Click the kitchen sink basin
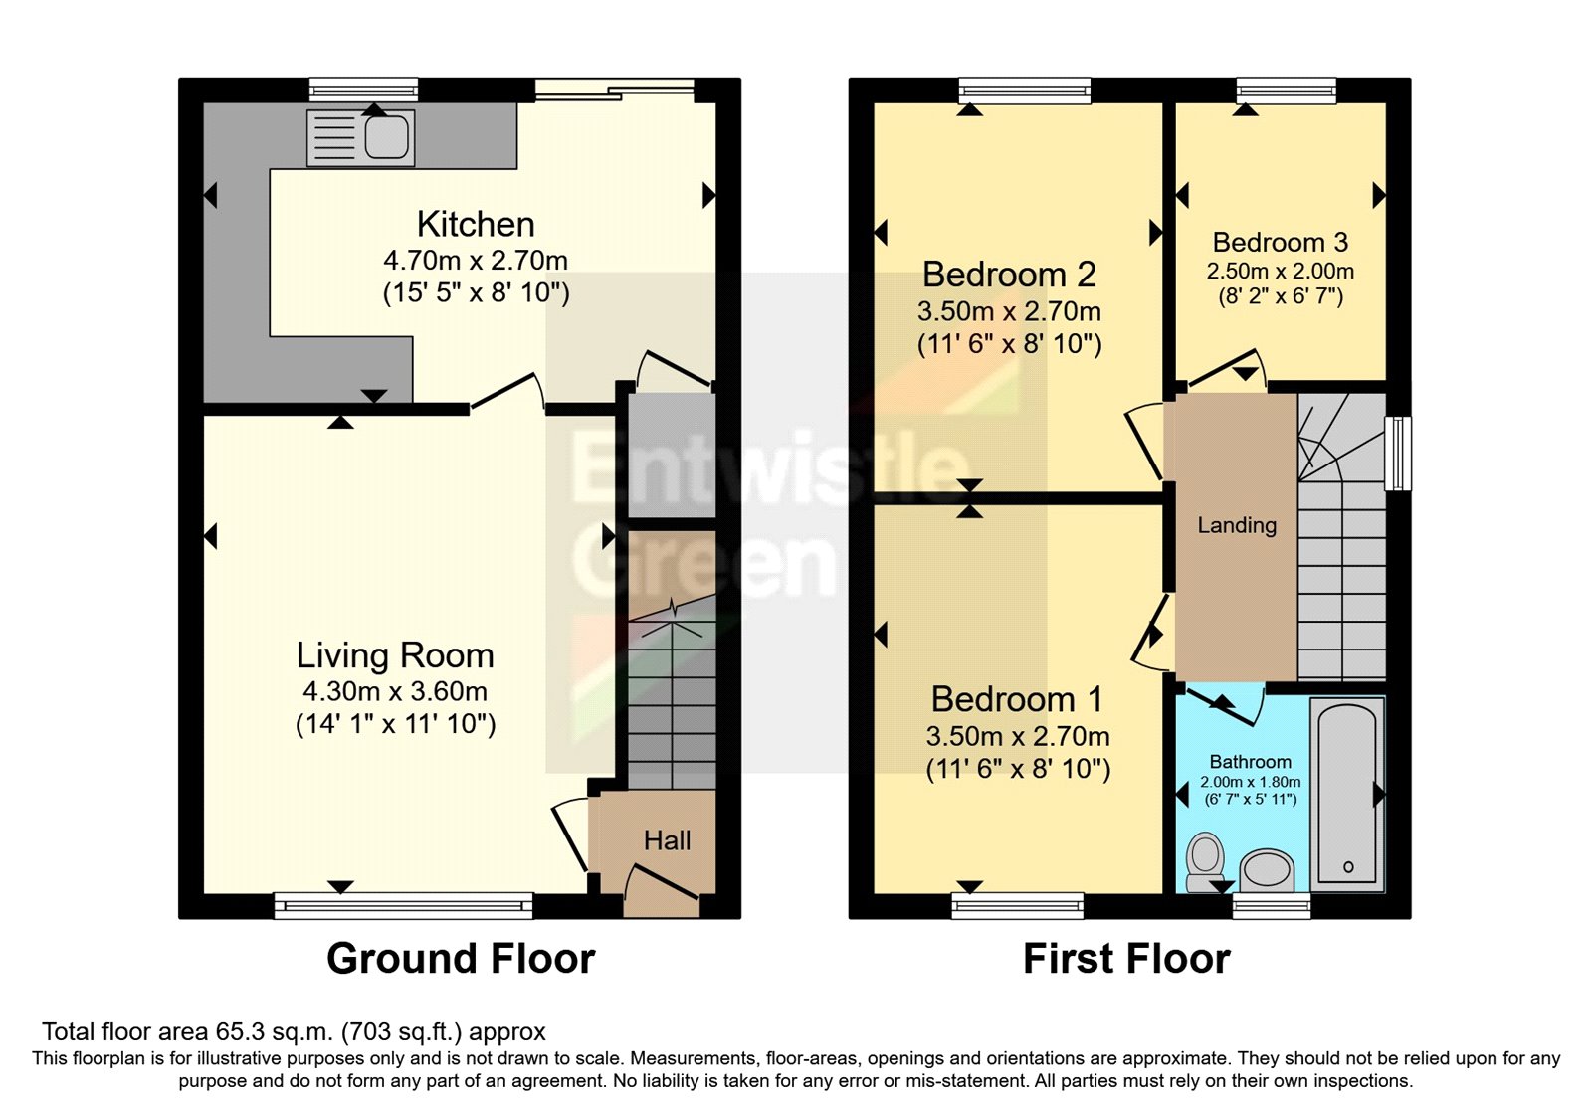387,137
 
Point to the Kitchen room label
476,224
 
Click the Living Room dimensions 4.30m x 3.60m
395,692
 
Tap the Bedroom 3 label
1280,242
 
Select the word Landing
1236,525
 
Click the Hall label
667,841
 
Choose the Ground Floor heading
461,959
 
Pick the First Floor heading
1126,959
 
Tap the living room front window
403,905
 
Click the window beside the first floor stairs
1398,453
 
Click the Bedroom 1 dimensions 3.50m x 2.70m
1017,737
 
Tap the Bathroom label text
1250,762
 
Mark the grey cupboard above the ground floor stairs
672,455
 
